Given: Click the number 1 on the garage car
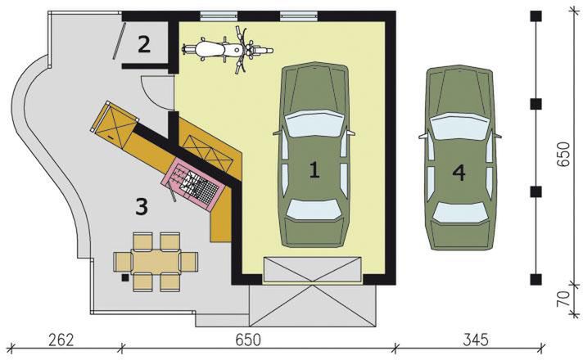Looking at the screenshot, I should click(314, 169).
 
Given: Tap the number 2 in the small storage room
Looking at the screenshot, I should click(144, 44).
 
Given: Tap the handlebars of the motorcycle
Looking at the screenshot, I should click(242, 50).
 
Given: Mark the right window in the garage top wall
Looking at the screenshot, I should click(296, 15).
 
